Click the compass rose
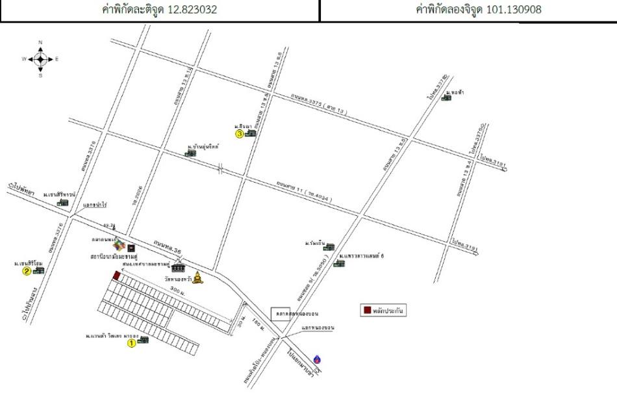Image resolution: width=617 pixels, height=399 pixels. pos(40,59)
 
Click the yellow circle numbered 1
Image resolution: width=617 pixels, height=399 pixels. pos(131,342)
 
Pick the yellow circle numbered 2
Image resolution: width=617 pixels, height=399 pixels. pos(27,272)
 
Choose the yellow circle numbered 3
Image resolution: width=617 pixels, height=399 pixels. pos(240,135)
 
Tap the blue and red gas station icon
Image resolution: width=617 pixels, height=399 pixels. pos(316,359)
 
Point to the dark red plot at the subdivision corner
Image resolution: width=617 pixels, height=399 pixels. pos(116,276)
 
